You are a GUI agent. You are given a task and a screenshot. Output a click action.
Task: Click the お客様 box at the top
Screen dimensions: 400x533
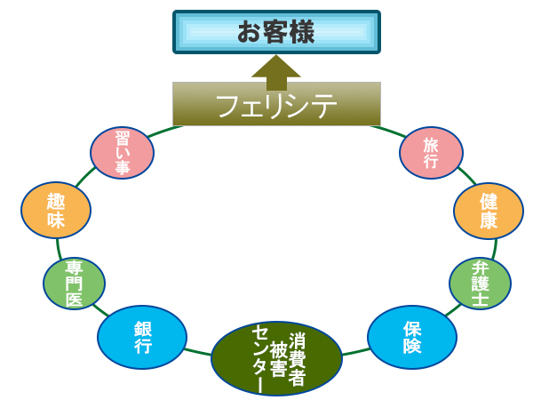276,33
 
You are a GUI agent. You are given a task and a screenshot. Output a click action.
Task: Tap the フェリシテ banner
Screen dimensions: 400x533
276,104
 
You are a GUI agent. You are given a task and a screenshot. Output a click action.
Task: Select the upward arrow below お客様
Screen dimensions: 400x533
276,70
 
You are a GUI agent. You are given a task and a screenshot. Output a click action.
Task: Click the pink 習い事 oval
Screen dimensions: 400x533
123,152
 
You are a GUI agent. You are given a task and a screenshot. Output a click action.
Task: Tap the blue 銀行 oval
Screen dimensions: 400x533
142,337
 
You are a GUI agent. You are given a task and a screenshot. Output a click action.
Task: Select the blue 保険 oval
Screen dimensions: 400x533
411,337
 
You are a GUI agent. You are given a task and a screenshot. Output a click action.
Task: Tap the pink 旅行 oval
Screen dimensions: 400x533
431,152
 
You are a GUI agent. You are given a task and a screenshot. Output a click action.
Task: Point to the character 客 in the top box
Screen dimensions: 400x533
276,33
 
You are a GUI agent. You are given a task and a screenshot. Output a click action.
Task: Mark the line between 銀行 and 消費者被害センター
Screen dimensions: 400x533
198,349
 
